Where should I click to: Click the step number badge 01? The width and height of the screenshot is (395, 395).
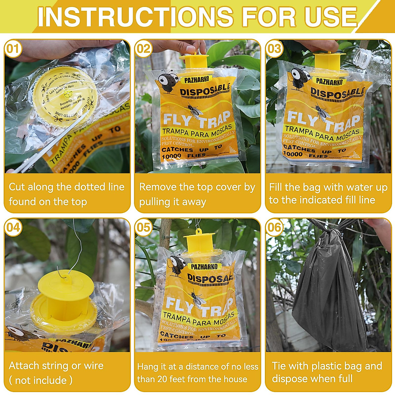13,49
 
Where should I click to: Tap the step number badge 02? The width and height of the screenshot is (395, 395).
144,49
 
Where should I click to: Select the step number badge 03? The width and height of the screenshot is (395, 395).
274,49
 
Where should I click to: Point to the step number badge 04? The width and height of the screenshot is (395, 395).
13,227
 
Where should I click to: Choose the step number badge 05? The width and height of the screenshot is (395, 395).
144,227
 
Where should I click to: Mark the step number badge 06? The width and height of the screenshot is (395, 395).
274,227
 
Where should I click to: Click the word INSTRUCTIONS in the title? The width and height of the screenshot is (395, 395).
135,16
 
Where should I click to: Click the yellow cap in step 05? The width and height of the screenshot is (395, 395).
199,242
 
